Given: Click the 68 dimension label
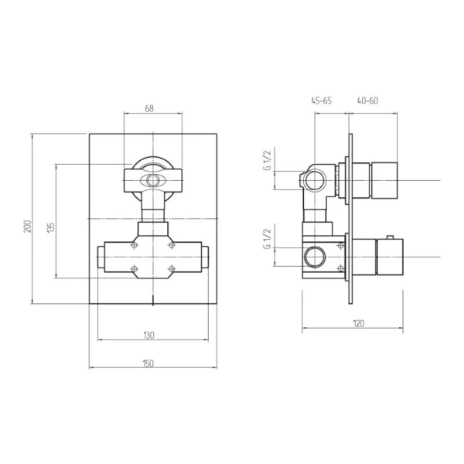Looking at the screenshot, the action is (149, 108).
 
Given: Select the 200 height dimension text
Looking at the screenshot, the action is (28, 227).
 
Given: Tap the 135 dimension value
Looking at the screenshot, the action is (51, 227).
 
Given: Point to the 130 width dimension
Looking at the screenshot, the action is (149, 336).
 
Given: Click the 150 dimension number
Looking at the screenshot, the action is (148, 363).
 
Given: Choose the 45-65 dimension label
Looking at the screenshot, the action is (322, 101).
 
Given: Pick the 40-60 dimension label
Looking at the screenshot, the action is (367, 101).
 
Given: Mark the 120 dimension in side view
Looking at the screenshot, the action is (359, 323).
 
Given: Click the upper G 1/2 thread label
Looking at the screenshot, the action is (268, 160).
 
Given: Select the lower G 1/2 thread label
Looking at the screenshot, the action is (268, 239).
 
